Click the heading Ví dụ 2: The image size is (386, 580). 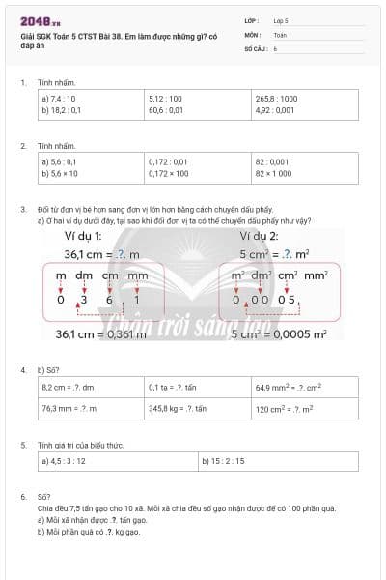pyautogui.click(x=260, y=236)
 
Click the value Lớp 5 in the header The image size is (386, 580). pyautogui.click(x=281, y=20)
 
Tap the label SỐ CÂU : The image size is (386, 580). pyautogui.click(x=256, y=47)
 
